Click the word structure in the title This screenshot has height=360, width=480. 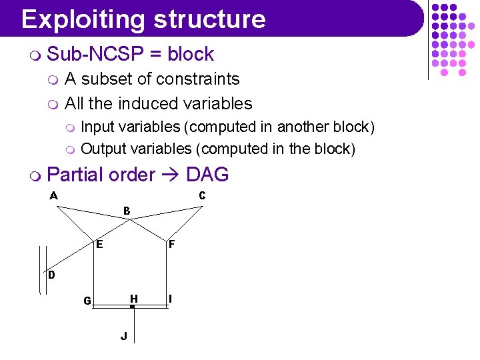[x=209, y=19]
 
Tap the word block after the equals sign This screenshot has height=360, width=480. [x=191, y=54]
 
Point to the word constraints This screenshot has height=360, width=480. [x=198, y=79]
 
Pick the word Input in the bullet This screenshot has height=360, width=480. [x=97, y=127]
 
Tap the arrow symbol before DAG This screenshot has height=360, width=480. [x=171, y=175]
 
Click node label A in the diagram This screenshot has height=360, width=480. [x=53, y=195]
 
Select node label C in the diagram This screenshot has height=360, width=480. [x=202, y=195]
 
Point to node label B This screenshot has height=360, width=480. [x=127, y=211]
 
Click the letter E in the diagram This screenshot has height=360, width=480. [x=99, y=244]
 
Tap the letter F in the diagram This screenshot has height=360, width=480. [x=171, y=245]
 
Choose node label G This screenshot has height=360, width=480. [x=87, y=301]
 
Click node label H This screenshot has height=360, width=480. [x=134, y=298]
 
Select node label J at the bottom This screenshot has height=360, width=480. [x=124, y=336]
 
